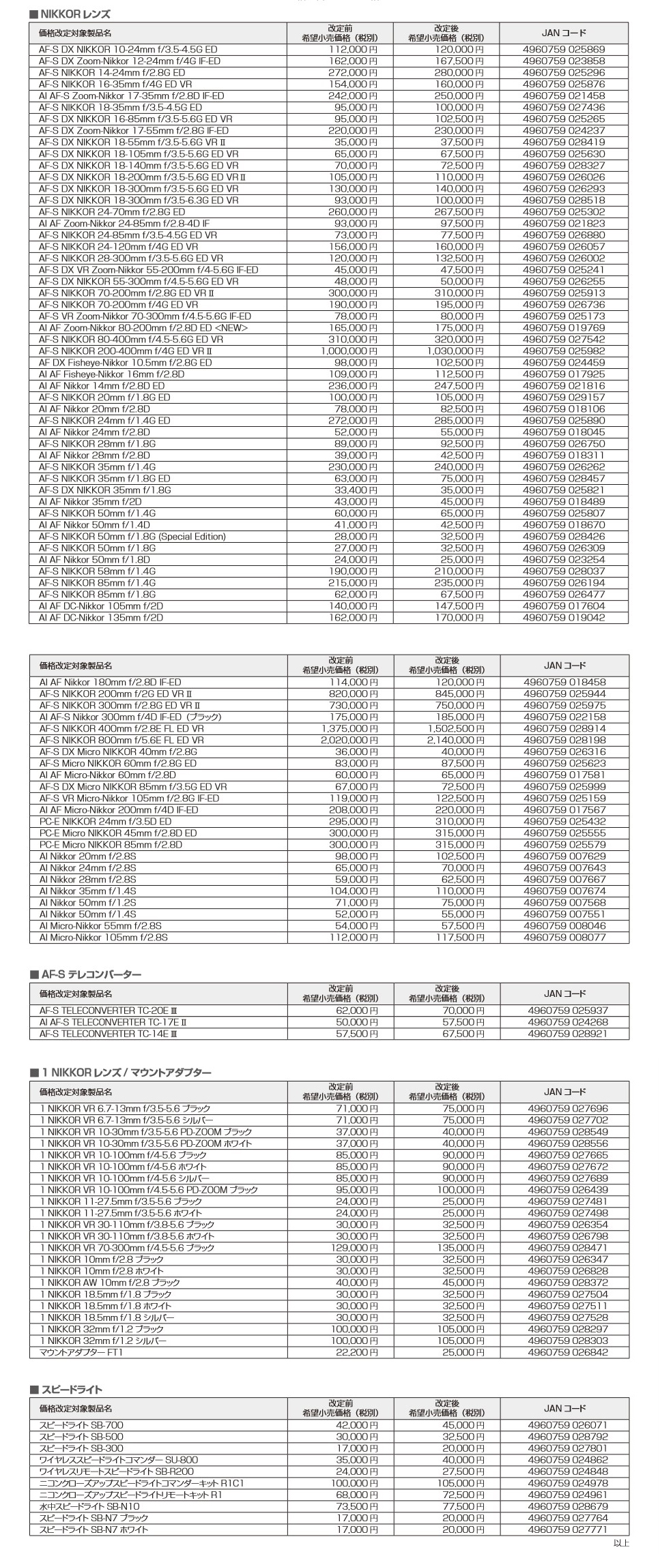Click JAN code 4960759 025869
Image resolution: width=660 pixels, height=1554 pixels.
click(x=564, y=49)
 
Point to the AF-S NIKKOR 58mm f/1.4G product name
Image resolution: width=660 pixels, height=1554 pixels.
click(x=97, y=571)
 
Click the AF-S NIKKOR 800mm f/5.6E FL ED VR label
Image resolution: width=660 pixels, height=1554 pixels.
click(x=121, y=740)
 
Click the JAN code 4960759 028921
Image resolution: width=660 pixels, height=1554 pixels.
click(x=568, y=1033)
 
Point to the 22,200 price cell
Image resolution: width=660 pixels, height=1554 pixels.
click(x=356, y=1352)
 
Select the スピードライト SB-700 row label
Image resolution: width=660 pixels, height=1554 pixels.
click(x=81, y=1424)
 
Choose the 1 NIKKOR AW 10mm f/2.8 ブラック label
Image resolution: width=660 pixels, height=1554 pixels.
click(x=110, y=1283)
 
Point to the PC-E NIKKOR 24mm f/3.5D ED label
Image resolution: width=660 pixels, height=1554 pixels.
click(x=105, y=821)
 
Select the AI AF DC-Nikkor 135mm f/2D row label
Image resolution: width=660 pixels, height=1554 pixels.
click(x=101, y=617)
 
